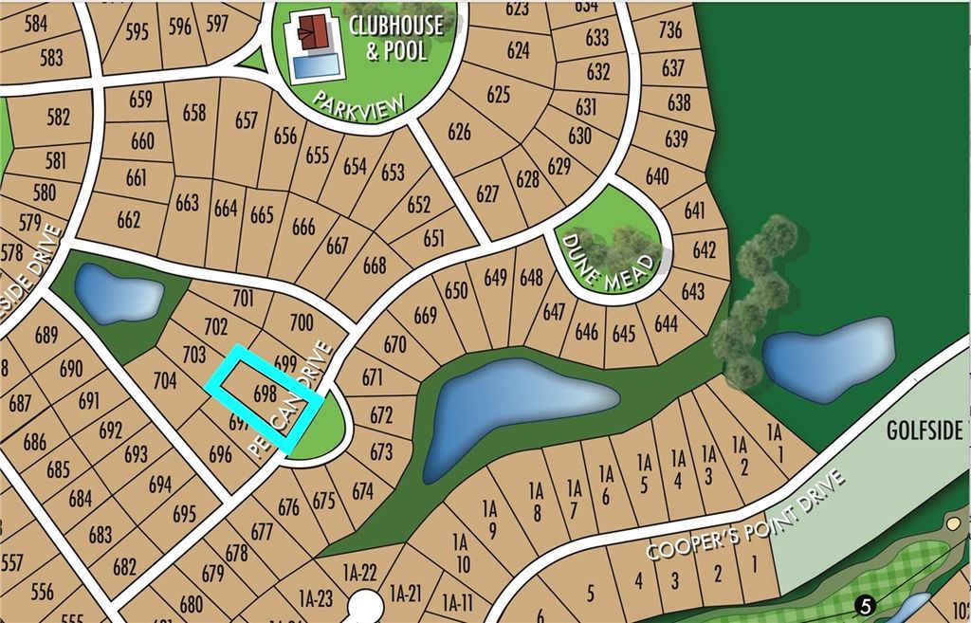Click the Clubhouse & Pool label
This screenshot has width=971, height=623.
(395, 37)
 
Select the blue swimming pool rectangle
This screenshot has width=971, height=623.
(315, 64)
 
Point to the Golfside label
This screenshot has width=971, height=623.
(925, 430)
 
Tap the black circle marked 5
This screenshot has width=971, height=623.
(864, 605)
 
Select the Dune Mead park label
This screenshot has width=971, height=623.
(607, 252)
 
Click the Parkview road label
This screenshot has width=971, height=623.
(361, 111)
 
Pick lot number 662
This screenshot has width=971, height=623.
(128, 220)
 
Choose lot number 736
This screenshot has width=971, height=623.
(669, 29)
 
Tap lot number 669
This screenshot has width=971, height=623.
(425, 315)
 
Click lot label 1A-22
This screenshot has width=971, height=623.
(359, 570)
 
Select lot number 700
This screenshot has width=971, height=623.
(301, 322)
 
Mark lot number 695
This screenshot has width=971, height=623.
(185, 514)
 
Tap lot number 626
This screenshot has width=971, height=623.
(459, 131)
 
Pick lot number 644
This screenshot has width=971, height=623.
(667, 323)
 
